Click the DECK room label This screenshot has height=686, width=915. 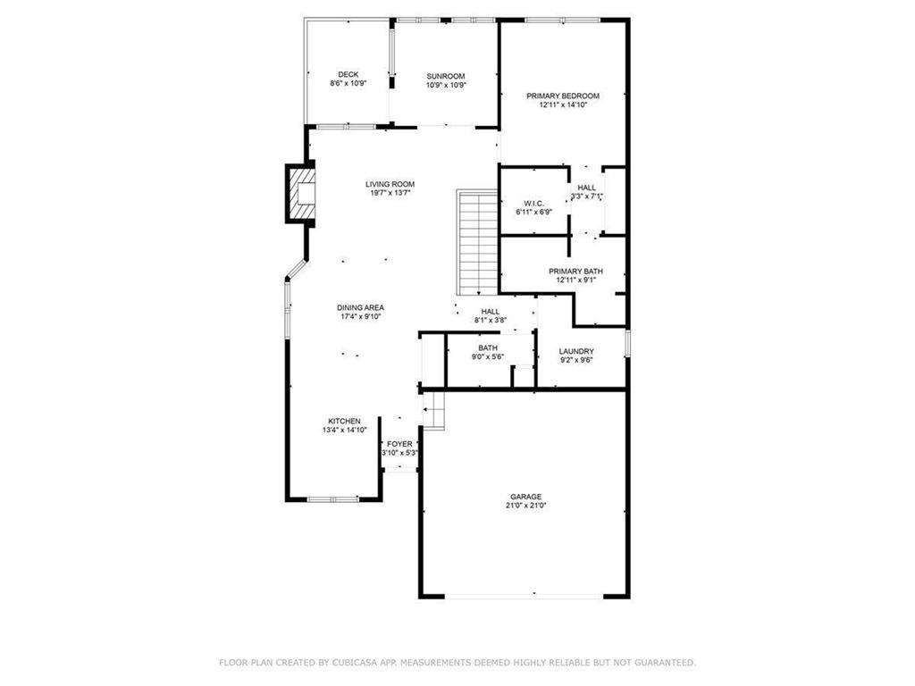(348, 74)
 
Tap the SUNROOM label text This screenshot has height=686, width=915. (446, 76)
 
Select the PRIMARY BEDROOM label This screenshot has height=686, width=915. (563, 96)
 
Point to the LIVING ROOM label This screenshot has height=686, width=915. (390, 184)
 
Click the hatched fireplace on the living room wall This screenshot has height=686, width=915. (301, 193)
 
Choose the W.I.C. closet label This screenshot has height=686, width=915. (534, 203)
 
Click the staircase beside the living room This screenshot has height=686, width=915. (477, 242)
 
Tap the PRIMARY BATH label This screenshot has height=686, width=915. (576, 272)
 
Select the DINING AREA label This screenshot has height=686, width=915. (361, 307)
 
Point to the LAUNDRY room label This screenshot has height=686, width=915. (576, 351)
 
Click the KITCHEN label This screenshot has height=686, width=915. (344, 421)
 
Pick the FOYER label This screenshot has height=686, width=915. (399, 444)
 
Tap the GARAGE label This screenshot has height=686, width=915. (525, 497)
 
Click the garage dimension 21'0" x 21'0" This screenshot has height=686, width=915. (525, 506)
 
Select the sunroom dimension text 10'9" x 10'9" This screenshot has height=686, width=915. (446, 85)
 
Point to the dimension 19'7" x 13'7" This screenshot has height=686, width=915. (390, 193)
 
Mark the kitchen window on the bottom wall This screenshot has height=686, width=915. (333, 498)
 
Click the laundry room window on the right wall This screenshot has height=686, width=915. (628, 343)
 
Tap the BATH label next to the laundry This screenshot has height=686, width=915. (488, 347)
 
